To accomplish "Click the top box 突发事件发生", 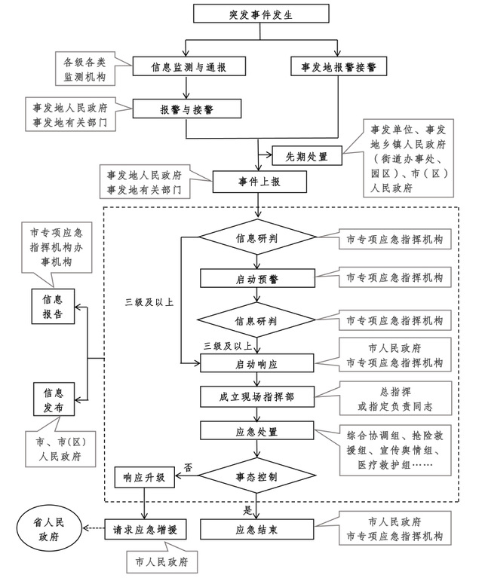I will [x=260, y=14].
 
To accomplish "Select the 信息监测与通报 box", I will [x=189, y=66].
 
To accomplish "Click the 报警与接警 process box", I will [x=186, y=109].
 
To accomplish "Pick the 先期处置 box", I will [x=306, y=157].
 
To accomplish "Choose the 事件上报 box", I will [x=260, y=182].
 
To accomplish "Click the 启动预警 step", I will [x=256, y=278].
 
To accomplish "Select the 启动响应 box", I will [x=256, y=363].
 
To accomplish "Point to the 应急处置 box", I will [x=256, y=433].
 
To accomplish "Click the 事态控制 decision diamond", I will [x=256, y=477].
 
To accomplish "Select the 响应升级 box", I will [x=144, y=477].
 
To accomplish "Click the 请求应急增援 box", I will [x=146, y=529].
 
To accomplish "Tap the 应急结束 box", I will [x=256, y=529].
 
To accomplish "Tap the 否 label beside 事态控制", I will [x=188, y=467].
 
